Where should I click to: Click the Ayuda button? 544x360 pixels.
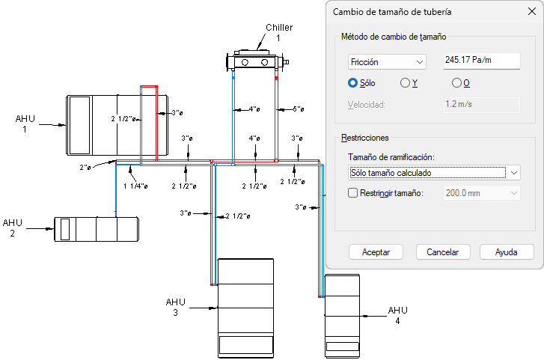click(x=507, y=252)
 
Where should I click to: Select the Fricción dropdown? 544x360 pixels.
click(x=387, y=61)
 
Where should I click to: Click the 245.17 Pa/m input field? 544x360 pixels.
click(x=482, y=60)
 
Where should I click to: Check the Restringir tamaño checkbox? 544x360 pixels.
click(x=354, y=193)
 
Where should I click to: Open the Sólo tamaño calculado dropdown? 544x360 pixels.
click(x=434, y=173)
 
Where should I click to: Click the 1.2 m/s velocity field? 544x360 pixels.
click(x=482, y=104)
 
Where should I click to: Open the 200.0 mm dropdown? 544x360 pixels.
click(x=482, y=193)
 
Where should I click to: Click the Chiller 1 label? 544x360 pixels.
click(x=278, y=32)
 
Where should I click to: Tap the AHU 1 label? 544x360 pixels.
click(x=25, y=123)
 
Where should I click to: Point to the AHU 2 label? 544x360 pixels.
click(x=13, y=228)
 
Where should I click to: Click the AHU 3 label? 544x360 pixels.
click(x=175, y=307)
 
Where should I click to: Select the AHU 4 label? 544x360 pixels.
click(x=397, y=315)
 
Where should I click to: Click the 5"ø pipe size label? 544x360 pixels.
click(x=298, y=109)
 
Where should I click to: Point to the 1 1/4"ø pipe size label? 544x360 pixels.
click(x=135, y=186)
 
